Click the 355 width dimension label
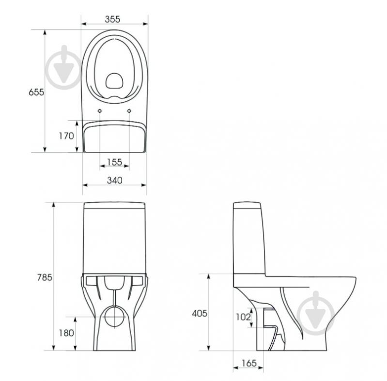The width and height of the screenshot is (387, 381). coord(112,19)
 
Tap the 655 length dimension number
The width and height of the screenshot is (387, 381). coord(36,92)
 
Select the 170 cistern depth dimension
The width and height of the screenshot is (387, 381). coord(66,136)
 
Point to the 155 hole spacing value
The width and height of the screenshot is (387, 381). coord(114,162)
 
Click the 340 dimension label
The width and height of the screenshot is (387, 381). coord(114,181)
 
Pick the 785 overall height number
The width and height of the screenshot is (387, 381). coord(45,277)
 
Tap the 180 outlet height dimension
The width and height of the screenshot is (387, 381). coord(66,333)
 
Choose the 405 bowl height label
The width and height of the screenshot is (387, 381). coord(200,313)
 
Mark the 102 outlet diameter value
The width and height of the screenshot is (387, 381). coord(243,317)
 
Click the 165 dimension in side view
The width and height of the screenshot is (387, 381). coord(249,363)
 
